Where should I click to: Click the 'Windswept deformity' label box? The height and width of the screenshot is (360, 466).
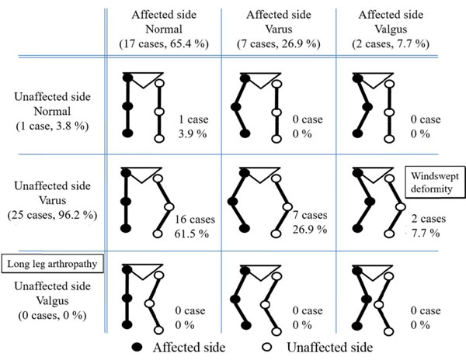(435, 182)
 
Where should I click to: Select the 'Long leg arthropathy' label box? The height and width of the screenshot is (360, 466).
(53, 264)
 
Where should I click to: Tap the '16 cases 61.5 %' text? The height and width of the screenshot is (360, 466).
(194, 227)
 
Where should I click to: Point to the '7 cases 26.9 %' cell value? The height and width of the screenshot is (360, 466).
(310, 222)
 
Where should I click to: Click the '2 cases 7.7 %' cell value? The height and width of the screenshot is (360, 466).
(428, 226)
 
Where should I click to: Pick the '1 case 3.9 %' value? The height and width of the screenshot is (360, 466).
(193, 126)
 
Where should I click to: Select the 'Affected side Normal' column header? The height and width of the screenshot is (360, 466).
(164, 29)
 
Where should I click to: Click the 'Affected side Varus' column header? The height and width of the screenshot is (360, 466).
(279, 29)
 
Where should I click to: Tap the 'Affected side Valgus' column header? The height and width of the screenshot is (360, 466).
(391, 29)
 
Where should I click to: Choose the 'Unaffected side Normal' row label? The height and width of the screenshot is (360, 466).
(52, 111)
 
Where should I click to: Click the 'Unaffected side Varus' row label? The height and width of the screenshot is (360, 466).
(52, 200)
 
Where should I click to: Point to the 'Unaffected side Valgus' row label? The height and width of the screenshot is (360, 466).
(52, 300)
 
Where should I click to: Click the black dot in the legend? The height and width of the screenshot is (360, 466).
(137, 347)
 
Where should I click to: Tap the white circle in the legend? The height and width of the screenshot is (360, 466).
(267, 347)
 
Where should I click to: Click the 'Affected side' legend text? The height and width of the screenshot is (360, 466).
(189, 348)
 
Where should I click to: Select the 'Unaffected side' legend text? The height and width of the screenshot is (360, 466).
(329, 348)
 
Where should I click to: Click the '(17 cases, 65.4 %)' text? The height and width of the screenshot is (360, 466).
(164, 44)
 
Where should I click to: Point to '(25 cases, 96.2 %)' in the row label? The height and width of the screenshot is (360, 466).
(52, 215)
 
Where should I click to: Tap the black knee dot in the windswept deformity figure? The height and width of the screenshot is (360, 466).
(370, 202)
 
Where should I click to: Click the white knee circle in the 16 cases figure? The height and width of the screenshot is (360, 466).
(169, 207)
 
